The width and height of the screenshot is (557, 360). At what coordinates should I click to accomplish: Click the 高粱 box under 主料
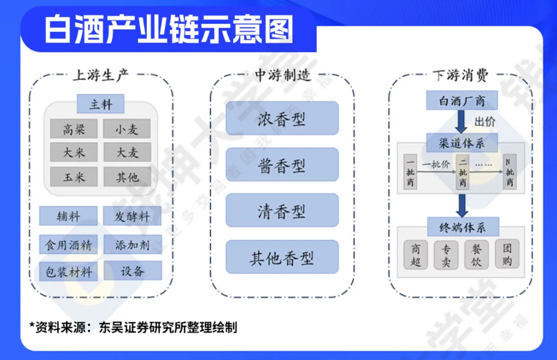tap(74, 129)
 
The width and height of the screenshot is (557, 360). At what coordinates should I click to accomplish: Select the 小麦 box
tap(127, 129)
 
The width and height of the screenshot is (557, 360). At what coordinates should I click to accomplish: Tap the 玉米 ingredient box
tap(74, 177)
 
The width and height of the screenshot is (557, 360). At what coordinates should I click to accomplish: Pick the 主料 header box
tap(101, 104)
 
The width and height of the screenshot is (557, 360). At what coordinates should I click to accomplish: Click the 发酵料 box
tap(132, 216)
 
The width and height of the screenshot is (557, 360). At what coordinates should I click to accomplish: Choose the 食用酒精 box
tap(68, 244)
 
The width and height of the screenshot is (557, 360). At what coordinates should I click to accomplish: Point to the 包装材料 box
tap(68, 271)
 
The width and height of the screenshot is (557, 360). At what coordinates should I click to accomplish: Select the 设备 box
tap(132, 271)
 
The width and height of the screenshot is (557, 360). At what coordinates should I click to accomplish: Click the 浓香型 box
tap(282, 119)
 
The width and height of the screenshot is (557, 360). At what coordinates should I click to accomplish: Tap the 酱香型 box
tap(282, 165)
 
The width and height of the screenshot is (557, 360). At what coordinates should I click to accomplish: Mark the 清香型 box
tap(282, 210)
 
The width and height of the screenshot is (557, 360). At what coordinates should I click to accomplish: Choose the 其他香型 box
tap(282, 257)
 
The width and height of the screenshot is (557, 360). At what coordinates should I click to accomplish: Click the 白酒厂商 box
tap(462, 101)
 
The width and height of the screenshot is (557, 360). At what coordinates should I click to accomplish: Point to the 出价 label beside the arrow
tap(485, 122)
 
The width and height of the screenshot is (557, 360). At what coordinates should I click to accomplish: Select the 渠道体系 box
tap(462, 142)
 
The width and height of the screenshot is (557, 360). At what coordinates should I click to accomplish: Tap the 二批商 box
tap(463, 171)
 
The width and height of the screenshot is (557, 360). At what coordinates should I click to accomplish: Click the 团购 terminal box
tap(507, 255)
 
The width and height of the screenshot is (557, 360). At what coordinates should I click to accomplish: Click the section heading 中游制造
tap(283, 75)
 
